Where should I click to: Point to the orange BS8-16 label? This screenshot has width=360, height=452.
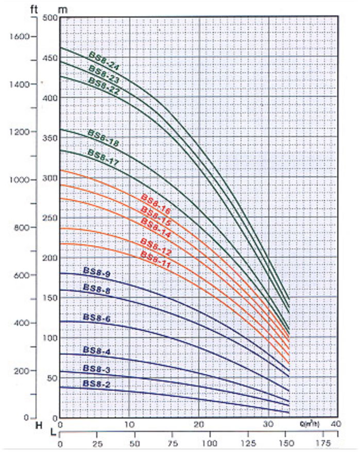tap(155, 202)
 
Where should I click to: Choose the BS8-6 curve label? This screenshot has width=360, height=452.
tap(96, 319)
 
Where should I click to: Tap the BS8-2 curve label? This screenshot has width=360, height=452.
tap(96, 384)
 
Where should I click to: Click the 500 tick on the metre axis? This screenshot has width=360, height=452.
tap(50, 18)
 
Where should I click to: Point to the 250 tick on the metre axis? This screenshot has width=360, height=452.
tap(50, 217)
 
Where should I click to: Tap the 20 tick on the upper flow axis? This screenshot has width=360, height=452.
tap(199, 424)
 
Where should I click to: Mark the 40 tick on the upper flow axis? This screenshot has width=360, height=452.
tap(337, 424)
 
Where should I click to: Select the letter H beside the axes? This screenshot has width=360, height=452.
tap(38, 426)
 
